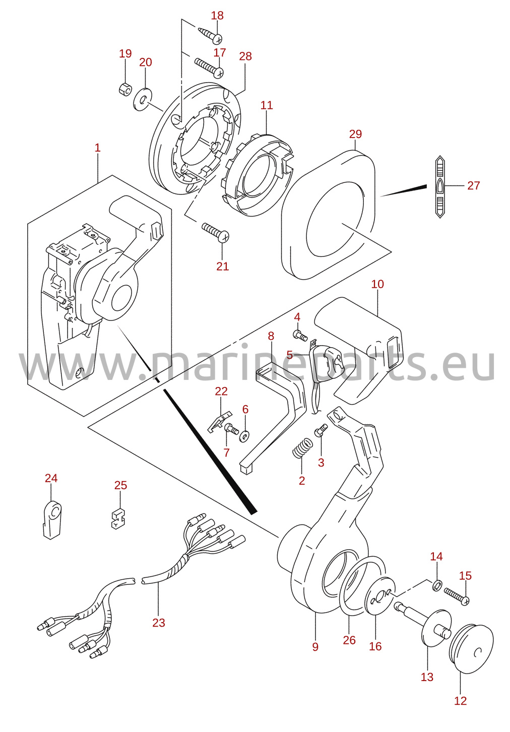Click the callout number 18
(217, 15)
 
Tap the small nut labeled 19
(124, 88)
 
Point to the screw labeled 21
(216, 231)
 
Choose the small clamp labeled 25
(117, 518)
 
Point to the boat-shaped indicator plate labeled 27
(440, 186)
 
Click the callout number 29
(355, 134)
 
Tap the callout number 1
(97, 148)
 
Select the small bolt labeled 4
(300, 335)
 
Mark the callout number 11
(267, 105)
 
